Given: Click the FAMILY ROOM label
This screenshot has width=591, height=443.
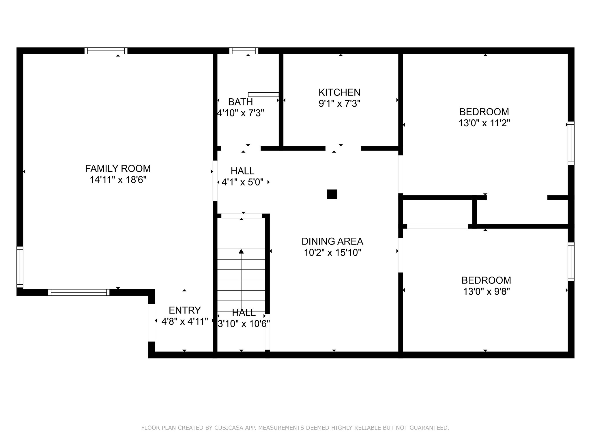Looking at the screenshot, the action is pyautogui.click(x=118, y=168).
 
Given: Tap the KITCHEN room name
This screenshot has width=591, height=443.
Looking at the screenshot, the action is pyautogui.click(x=339, y=92).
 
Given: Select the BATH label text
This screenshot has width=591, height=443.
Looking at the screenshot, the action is pyautogui.click(x=240, y=102).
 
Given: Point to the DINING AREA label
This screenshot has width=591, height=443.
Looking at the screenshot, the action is pyautogui.click(x=332, y=241).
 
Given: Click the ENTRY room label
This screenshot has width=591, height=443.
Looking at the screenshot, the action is pyautogui.click(x=185, y=310).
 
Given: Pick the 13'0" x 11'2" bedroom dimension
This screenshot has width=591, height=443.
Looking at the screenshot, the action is pyautogui.click(x=484, y=123).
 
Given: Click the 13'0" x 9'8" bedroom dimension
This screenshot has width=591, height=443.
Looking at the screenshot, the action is pyautogui.click(x=486, y=292).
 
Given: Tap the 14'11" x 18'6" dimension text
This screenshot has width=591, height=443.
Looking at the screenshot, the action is pyautogui.click(x=118, y=180).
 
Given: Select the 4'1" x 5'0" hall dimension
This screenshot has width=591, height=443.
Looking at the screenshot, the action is pyautogui.click(x=242, y=182).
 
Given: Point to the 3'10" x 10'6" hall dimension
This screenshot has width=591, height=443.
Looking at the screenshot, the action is pyautogui.click(x=244, y=324).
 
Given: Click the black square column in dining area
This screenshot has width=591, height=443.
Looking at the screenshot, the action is pyautogui.click(x=332, y=194).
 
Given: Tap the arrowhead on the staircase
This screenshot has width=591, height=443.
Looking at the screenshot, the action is pyautogui.click(x=241, y=251).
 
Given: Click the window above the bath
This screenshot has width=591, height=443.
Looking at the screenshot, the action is pyautogui.click(x=244, y=51).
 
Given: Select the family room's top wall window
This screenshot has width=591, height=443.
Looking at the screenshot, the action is pyautogui.click(x=106, y=51).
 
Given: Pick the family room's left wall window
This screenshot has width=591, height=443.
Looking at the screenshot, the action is pyautogui.click(x=20, y=267).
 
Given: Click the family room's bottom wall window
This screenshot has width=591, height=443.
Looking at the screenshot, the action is pyautogui.click(x=79, y=292).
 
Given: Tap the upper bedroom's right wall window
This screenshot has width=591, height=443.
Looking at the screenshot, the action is pyautogui.click(x=571, y=143).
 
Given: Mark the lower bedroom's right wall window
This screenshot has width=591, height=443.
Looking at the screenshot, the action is pyautogui.click(x=571, y=262).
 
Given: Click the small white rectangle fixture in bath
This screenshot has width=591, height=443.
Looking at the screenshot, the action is pyautogui.click(x=263, y=95).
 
